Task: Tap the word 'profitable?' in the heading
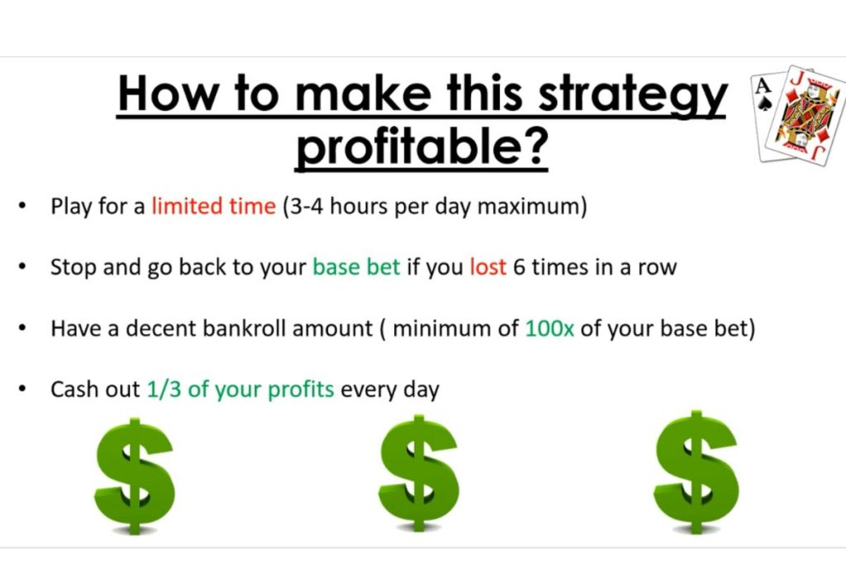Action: pos(421,147)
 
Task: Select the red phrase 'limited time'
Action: pos(213,206)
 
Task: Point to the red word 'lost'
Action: pos(487,267)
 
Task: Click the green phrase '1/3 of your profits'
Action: pos(240,389)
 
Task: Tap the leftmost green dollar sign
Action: pos(135,476)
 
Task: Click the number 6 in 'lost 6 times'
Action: pos(519,267)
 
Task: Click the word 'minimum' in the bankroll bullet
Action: pos(440,328)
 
